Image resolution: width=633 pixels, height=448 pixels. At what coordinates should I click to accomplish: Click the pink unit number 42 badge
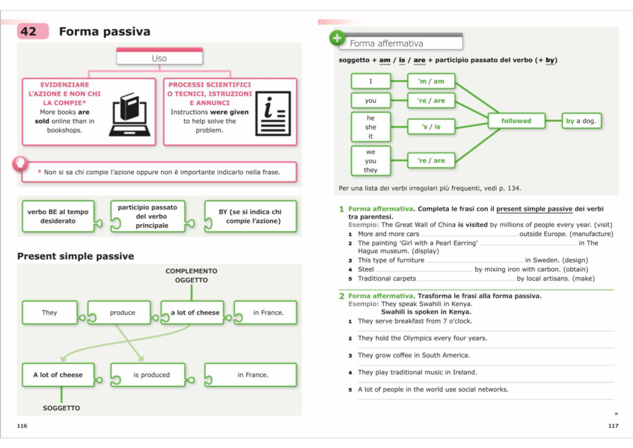pos(33,31)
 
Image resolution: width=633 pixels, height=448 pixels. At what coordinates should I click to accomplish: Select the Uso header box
pos(159,56)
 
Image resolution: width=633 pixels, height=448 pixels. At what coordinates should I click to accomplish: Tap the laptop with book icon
pos(130,115)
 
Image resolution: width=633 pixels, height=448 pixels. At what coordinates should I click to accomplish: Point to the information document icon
pos(273,113)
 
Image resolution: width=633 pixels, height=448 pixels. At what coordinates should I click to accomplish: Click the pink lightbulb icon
pos(20,164)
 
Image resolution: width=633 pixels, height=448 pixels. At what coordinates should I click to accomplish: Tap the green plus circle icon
pos(337,38)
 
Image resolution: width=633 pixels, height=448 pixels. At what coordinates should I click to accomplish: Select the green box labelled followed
pos(516,121)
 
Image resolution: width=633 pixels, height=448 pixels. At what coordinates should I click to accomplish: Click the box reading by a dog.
pos(581,121)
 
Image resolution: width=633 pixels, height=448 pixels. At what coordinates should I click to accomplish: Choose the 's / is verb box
pos(431,127)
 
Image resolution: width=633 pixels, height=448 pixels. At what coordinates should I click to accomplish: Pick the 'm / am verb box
pos(431,81)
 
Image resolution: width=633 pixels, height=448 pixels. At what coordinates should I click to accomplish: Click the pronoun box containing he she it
pos(371,127)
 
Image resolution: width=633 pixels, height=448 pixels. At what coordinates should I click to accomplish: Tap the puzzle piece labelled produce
pos(122,312)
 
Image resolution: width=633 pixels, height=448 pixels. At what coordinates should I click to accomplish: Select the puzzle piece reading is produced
pos(152,375)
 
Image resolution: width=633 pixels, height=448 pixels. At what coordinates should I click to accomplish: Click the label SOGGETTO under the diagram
pos(61,408)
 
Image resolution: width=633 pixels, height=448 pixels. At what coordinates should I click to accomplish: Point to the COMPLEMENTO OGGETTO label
pos(191,275)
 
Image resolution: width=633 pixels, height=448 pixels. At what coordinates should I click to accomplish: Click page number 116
pos(22,426)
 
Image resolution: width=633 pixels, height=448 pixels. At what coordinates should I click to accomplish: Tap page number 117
pos(613,426)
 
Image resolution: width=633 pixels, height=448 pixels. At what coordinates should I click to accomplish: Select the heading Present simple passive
pos(76,256)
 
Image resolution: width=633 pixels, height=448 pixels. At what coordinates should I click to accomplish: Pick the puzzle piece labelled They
pos(50,312)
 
